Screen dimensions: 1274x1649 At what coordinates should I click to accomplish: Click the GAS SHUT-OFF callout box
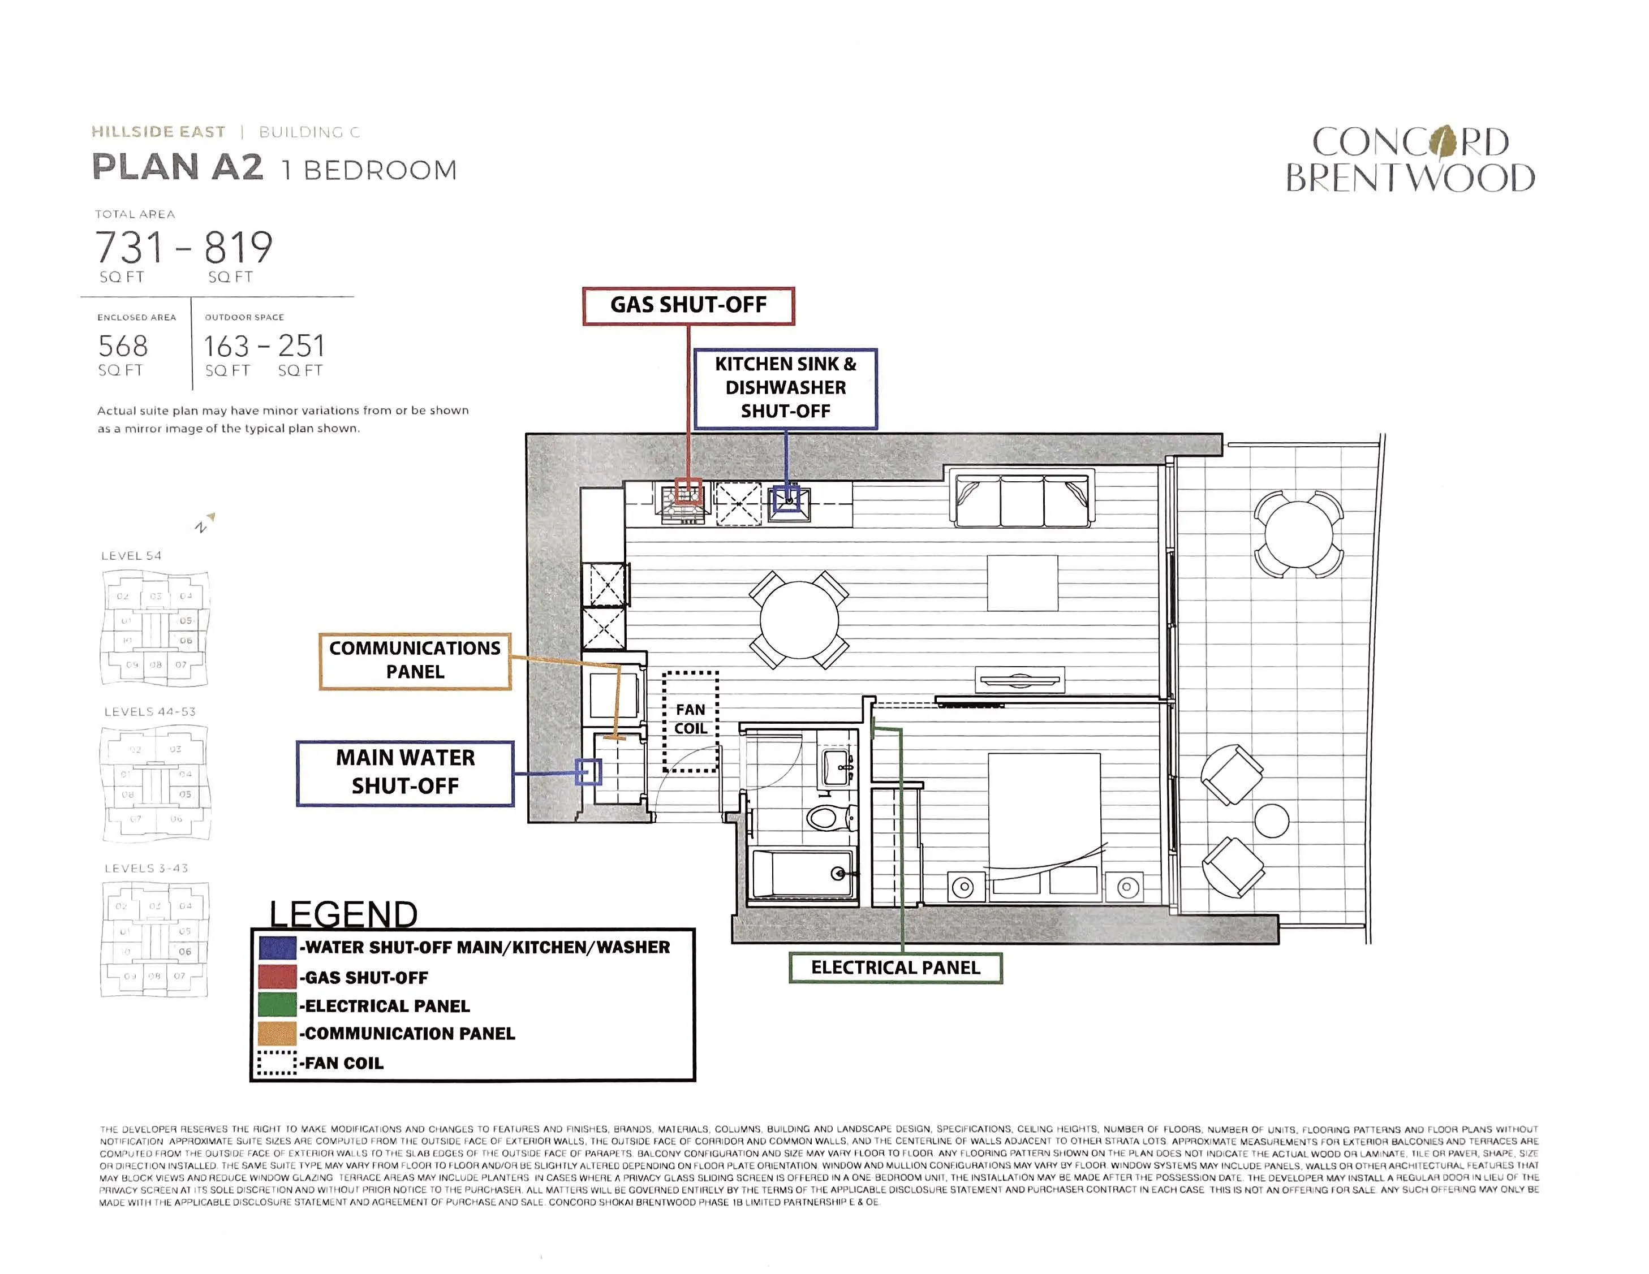[688, 306]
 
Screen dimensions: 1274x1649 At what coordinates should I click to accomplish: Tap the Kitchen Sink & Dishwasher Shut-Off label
[785, 388]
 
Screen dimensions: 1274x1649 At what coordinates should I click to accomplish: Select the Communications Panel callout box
[415, 660]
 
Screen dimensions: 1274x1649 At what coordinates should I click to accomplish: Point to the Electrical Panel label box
[895, 968]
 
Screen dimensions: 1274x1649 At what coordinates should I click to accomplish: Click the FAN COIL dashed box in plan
[690, 721]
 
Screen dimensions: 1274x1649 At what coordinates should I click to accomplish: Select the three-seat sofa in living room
[1022, 500]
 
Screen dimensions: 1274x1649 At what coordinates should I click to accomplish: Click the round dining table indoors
[799, 619]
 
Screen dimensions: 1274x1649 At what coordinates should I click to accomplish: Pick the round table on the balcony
[1298, 534]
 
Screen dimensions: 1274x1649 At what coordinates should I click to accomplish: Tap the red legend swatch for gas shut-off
[277, 977]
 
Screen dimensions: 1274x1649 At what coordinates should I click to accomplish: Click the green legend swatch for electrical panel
[277, 1005]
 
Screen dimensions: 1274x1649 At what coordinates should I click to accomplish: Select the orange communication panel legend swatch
[277, 1033]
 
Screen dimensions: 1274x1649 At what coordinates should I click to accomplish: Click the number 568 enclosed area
[123, 347]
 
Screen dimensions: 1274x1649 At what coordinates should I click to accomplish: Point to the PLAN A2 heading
[178, 167]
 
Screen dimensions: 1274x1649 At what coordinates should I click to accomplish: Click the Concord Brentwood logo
[1410, 160]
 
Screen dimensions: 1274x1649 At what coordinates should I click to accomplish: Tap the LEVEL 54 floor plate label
[131, 555]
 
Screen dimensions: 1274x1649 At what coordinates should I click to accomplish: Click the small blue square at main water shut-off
[588, 771]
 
